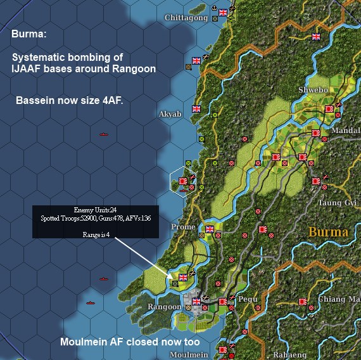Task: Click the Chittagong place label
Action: click(x=186, y=18)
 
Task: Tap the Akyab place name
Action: click(x=170, y=113)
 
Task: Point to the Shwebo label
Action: click(x=313, y=90)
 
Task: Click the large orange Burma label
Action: click(x=328, y=232)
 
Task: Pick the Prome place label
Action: click(x=184, y=227)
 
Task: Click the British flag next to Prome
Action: click(x=210, y=229)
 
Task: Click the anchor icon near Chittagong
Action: click(x=214, y=10)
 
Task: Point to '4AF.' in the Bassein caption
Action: click(x=109, y=100)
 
